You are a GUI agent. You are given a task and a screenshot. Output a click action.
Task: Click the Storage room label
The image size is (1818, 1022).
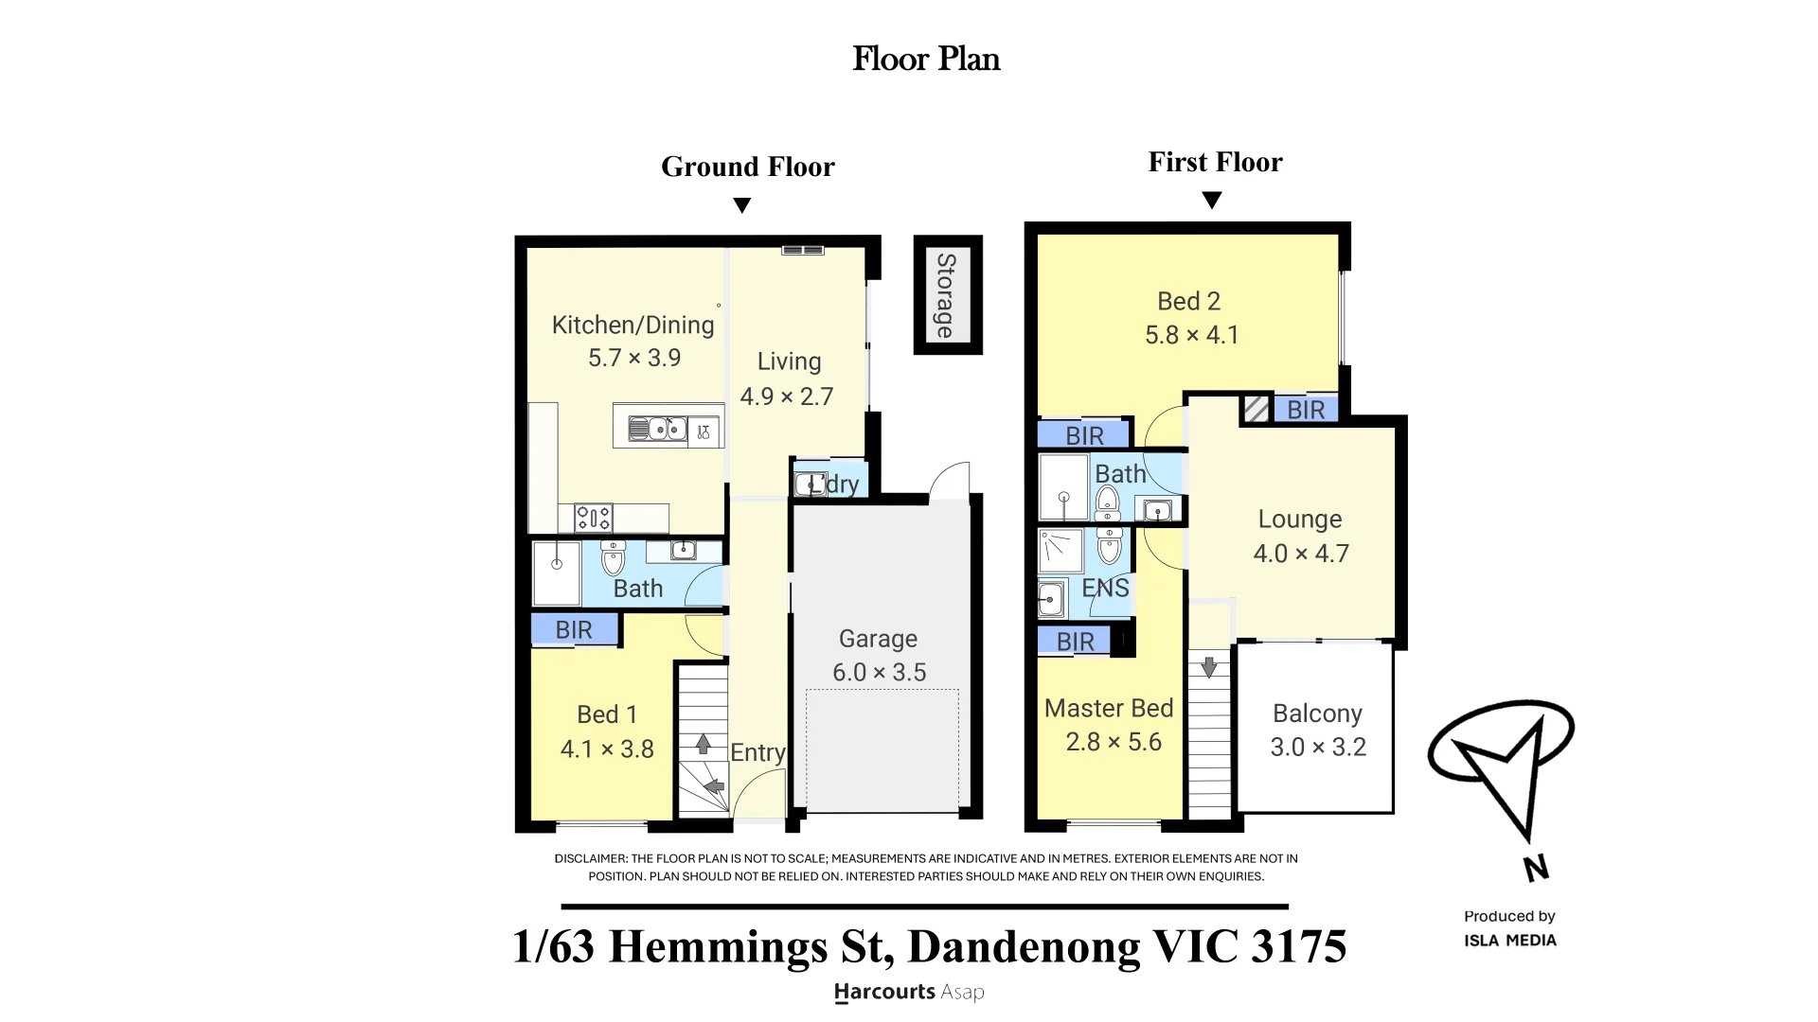pyautogui.click(x=945, y=295)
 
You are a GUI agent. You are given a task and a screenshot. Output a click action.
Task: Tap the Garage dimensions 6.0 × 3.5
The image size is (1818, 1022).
pyautogui.click(x=880, y=672)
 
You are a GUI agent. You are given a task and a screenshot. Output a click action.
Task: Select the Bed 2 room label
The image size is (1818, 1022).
pyautogui.click(x=1189, y=301)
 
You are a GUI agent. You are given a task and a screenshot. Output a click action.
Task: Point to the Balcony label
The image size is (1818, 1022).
pyautogui.click(x=1317, y=714)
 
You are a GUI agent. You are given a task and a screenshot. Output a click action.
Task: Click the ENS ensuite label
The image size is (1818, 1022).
pyautogui.click(x=1105, y=588)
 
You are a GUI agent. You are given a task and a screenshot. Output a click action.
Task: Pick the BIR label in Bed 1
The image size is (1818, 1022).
pyautogui.click(x=574, y=630)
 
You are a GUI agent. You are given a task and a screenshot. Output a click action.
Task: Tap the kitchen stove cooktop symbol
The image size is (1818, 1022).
pyautogui.click(x=593, y=518)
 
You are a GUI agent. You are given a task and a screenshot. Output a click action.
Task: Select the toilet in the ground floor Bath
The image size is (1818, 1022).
pyautogui.click(x=613, y=557)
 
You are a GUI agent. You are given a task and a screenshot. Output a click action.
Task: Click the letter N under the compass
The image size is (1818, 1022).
pyautogui.click(x=1535, y=868)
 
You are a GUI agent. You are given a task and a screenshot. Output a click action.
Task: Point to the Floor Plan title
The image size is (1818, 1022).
pyautogui.click(x=926, y=59)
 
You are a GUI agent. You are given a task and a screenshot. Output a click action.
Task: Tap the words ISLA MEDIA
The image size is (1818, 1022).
pyautogui.click(x=1510, y=941)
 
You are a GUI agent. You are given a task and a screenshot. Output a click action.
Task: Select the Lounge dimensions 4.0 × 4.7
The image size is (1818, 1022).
pyautogui.click(x=1301, y=554)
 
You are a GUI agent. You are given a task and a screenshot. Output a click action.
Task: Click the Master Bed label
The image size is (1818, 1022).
pyautogui.click(x=1109, y=708)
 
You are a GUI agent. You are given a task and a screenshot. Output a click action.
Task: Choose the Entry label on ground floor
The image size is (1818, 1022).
pyautogui.click(x=757, y=752)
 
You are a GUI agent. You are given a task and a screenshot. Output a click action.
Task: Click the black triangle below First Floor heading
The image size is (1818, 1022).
pyautogui.click(x=1211, y=201)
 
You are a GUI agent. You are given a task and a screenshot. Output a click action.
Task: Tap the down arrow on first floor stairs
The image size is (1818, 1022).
pyautogui.click(x=1209, y=666)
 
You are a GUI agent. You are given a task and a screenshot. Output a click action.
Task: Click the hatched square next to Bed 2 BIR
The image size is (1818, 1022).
pyautogui.click(x=1257, y=409)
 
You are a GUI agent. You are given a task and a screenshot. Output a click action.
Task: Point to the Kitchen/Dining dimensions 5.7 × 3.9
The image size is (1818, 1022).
pyautogui.click(x=634, y=358)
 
